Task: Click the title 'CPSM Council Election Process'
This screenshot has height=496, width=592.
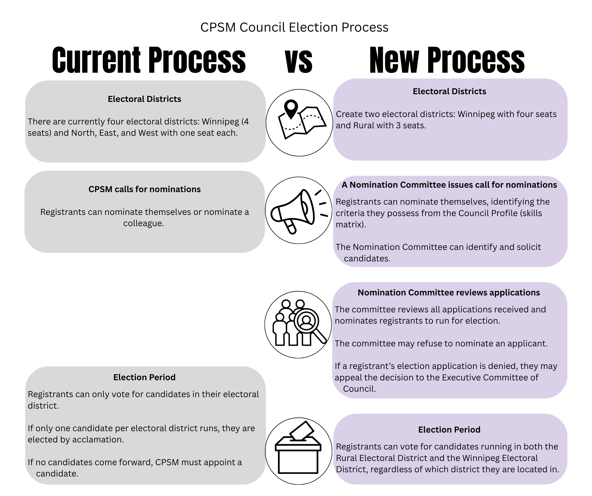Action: [294, 27]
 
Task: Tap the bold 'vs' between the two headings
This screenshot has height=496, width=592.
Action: [299, 61]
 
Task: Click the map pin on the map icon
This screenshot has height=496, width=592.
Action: [291, 109]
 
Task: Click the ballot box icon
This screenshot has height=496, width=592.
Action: [298, 451]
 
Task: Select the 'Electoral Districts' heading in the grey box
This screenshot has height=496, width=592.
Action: [144, 99]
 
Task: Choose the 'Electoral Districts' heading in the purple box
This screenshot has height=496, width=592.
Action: [449, 91]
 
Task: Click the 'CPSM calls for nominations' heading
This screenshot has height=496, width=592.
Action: [144, 189]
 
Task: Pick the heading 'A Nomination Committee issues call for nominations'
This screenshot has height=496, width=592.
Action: [449, 185]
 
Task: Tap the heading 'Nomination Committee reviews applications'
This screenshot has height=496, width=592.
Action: [449, 293]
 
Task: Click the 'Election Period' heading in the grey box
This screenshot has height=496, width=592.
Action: [144, 377]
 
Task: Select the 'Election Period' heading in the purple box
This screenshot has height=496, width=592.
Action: [449, 430]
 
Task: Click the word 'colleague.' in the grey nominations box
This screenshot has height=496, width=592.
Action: [143, 223]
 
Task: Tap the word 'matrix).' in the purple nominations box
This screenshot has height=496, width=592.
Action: [351, 224]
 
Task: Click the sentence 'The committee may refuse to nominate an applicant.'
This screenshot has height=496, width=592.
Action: [441, 344]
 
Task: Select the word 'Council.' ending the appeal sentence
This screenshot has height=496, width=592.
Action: [359, 389]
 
